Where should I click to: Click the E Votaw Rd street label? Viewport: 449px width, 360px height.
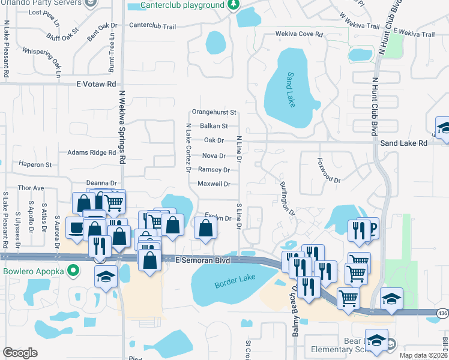[96, 85]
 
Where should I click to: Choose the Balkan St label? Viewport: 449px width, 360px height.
[214, 126]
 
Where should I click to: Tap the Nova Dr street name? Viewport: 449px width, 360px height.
[214, 155]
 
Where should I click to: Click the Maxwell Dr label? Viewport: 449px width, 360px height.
[214, 184]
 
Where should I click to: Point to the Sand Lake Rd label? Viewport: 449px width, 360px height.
[404, 143]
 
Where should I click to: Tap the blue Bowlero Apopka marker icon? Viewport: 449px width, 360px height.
[73, 271]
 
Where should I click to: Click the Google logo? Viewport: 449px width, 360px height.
[20, 352]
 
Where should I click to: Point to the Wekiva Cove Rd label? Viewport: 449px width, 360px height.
[300, 34]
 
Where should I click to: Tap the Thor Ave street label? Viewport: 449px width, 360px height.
[31, 188]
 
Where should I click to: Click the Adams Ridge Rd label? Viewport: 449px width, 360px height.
[91, 153]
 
